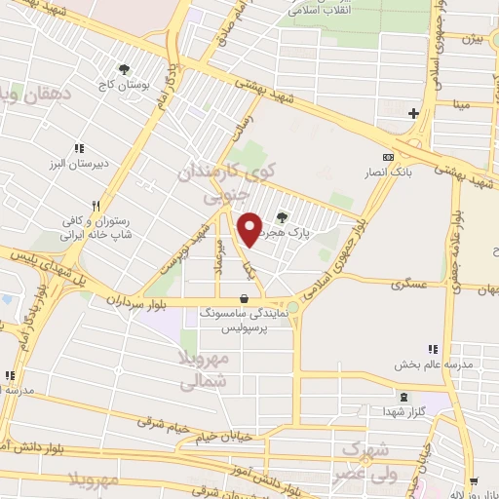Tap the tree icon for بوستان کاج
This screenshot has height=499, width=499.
(x=124, y=69)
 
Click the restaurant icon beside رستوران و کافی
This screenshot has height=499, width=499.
(x=95, y=207)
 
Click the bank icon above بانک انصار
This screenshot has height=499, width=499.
(x=388, y=158)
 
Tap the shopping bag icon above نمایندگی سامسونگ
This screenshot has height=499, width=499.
(x=243, y=298)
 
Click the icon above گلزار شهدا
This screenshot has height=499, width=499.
(x=403, y=398)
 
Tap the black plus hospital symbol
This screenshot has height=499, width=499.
(x=413, y=113)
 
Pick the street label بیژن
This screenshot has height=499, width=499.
(x=471, y=40)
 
